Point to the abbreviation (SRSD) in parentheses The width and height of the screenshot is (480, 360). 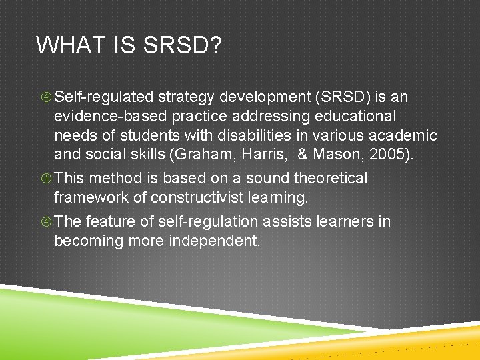pos(339,97)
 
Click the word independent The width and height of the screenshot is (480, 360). pos(217,241)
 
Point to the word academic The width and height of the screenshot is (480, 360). pos(406,136)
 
